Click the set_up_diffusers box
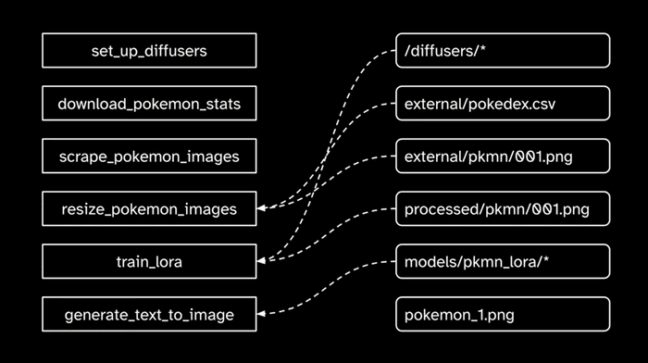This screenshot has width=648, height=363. click(149, 51)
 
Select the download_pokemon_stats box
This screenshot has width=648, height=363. click(149, 104)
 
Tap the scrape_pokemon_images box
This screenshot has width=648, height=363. click(149, 156)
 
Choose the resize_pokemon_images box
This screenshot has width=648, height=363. click(149, 209)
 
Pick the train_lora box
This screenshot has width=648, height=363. click(149, 262)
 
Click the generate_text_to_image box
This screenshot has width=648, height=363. click(149, 315)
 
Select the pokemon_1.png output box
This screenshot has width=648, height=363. click(503, 315)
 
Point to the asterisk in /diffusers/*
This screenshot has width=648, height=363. click(481, 50)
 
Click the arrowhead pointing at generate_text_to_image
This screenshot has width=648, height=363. click(261, 315)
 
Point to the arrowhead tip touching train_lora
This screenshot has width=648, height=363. click(261, 262)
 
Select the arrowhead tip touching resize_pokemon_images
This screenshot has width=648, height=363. click(261, 209)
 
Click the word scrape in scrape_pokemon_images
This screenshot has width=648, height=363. click(82, 156)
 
